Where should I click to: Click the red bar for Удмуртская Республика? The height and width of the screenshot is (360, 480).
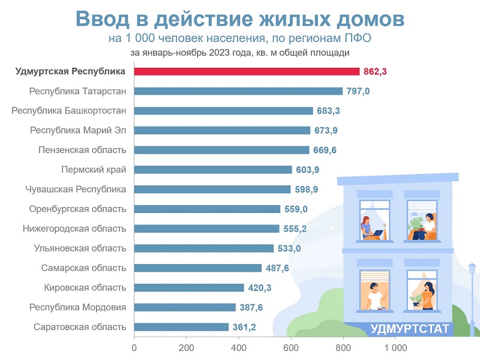pyautogui.click(x=247, y=71)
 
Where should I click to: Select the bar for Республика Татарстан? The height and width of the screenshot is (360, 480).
pyautogui.click(x=238, y=91)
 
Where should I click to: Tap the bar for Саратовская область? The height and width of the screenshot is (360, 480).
pyautogui.click(x=181, y=327)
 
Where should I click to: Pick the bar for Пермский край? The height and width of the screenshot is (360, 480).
pyautogui.click(x=213, y=170)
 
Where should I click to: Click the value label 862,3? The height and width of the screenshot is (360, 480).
pyautogui.click(x=376, y=71)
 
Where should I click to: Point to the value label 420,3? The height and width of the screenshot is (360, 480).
pyautogui.click(x=260, y=288)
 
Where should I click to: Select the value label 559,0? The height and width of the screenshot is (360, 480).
pyautogui.click(x=296, y=209)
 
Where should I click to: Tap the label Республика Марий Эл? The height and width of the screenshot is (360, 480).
pyautogui.click(x=79, y=130)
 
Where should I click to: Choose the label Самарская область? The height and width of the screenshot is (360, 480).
pyautogui.click(x=84, y=268)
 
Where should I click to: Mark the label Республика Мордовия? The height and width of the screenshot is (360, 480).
pyautogui.click(x=78, y=307)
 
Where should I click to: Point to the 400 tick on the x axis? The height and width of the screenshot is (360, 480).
pyautogui.click(x=239, y=348)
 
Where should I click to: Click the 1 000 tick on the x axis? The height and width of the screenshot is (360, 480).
pyautogui.click(x=395, y=348)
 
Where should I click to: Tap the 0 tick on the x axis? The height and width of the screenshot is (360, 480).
pyautogui.click(x=134, y=348)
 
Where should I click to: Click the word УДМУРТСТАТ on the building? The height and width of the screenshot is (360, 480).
pyautogui.click(x=410, y=328)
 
